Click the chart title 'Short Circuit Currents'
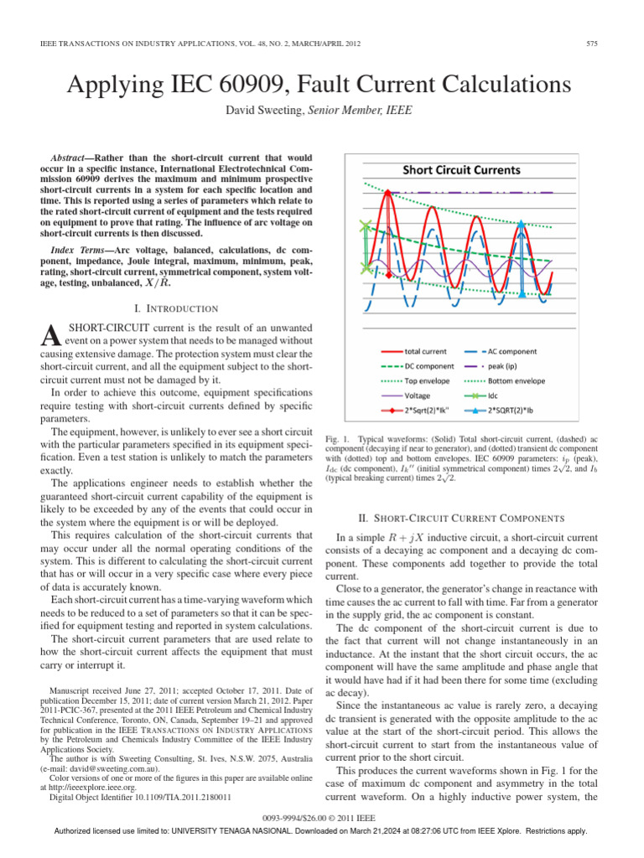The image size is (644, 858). (x=461, y=170)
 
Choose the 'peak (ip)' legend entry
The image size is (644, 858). (x=507, y=366)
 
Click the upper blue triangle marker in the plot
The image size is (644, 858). (x=522, y=225)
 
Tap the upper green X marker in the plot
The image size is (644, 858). (x=365, y=225)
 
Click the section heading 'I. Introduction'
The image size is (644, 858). (x=172, y=308)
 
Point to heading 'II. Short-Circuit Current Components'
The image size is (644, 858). (x=473, y=517)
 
